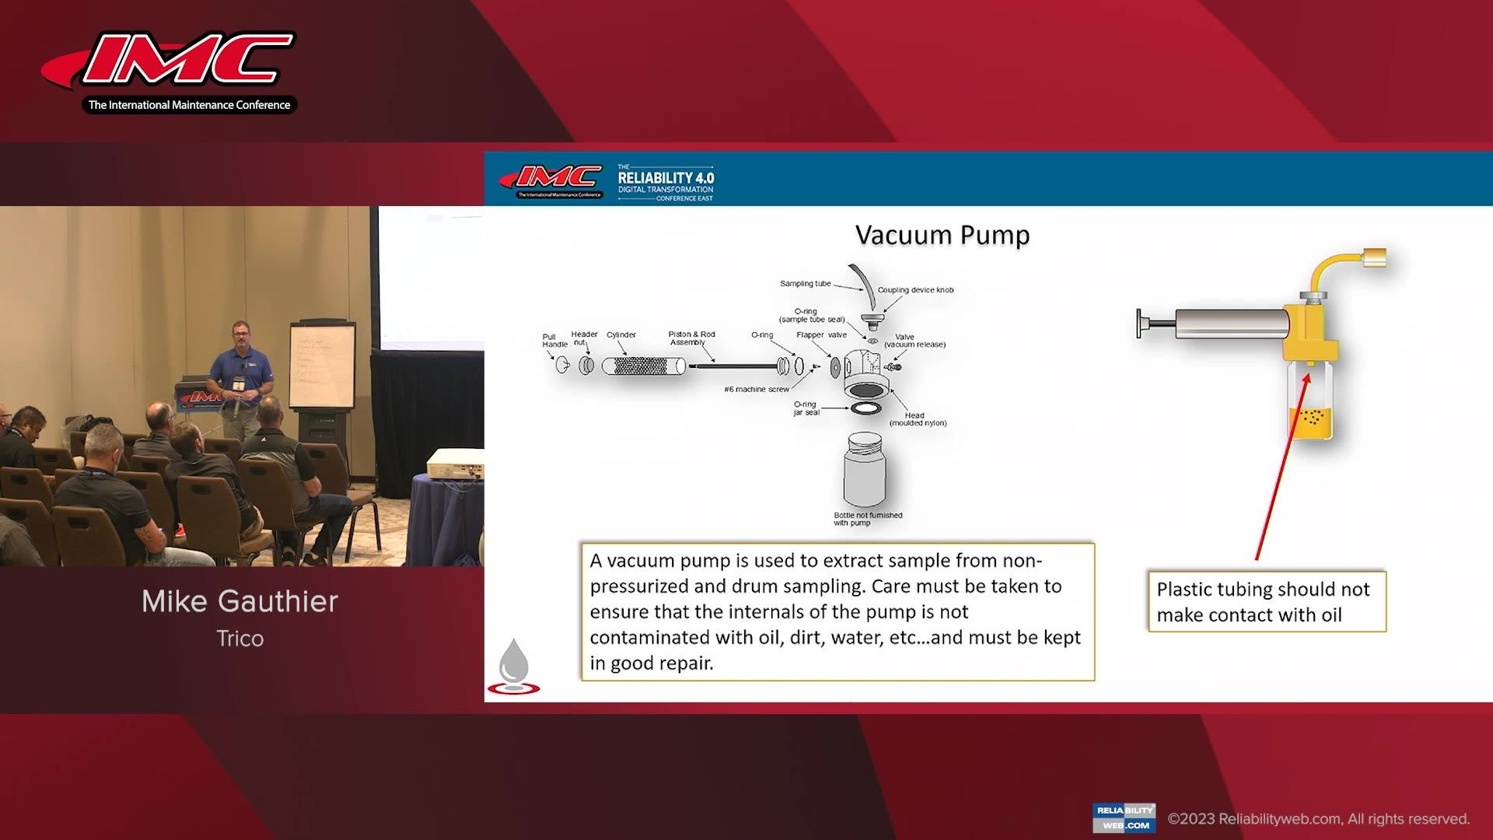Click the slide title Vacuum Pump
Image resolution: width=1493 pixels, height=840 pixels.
(x=942, y=235)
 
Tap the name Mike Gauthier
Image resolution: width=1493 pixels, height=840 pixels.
(x=240, y=601)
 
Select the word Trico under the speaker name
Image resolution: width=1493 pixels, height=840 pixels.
(x=240, y=639)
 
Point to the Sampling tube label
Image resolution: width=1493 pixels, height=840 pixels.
(x=805, y=284)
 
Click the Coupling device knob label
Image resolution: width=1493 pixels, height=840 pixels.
(x=915, y=290)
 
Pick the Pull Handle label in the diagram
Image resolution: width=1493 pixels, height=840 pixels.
(x=554, y=341)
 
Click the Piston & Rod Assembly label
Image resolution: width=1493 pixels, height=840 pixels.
(x=691, y=338)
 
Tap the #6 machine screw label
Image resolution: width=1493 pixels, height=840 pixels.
(x=756, y=390)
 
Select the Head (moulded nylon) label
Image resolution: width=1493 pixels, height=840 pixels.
(x=917, y=419)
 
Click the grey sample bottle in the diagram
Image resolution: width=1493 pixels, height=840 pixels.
(x=865, y=471)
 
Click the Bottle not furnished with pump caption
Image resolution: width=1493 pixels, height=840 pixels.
(x=867, y=519)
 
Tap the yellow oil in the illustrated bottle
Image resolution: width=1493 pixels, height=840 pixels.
(x=1311, y=422)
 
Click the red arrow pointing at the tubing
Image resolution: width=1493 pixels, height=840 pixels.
(x=1282, y=467)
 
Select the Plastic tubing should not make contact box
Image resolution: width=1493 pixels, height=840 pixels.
(x=1266, y=602)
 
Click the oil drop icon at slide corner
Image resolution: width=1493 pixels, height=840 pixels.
(x=513, y=666)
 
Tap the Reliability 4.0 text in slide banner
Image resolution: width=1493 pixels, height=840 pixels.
(x=666, y=178)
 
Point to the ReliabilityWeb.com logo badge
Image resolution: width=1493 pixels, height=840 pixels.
(x=1124, y=817)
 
